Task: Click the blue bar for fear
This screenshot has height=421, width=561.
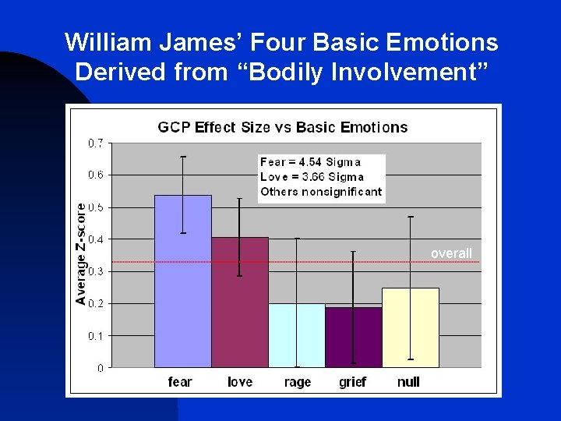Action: (x=182, y=281)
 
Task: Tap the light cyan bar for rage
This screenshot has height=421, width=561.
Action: (x=297, y=335)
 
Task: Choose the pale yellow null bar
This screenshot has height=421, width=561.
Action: (x=410, y=327)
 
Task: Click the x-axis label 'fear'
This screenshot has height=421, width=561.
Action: (x=180, y=382)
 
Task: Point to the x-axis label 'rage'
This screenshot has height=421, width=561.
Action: (x=297, y=382)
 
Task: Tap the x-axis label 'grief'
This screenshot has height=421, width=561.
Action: (x=353, y=382)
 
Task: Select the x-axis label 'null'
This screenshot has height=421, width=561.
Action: (x=409, y=382)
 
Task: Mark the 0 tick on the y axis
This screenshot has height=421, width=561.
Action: (x=101, y=367)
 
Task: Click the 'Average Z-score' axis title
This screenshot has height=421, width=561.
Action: (x=81, y=253)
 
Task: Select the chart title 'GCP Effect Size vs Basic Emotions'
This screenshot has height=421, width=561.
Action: (x=283, y=127)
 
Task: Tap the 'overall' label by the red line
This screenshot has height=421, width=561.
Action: (x=452, y=253)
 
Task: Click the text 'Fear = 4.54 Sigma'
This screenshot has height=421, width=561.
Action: (x=310, y=162)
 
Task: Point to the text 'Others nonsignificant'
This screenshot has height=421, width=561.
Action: (x=321, y=192)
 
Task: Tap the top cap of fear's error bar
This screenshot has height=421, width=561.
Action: (x=182, y=157)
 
